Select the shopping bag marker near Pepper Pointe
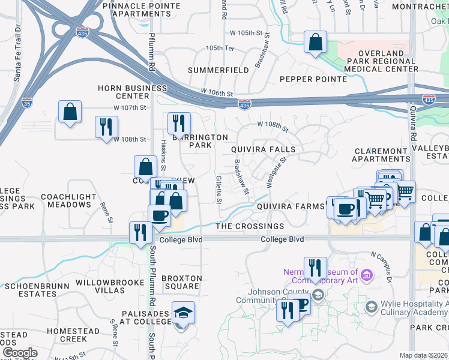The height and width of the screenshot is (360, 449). (315, 43)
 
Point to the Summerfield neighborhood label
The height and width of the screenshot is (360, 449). (218, 70)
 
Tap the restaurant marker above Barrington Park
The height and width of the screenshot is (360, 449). (179, 124)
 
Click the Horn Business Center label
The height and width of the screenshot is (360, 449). (133, 92)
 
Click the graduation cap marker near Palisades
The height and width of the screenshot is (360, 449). (184, 313)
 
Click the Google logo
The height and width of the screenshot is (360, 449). (20, 353)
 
